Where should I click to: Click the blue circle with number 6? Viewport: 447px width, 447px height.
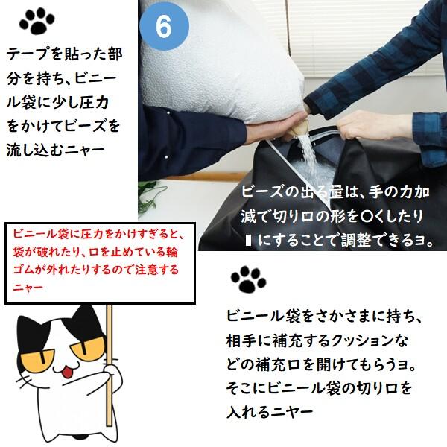point(165,25)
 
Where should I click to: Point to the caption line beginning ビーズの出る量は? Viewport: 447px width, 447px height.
point(335,191)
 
